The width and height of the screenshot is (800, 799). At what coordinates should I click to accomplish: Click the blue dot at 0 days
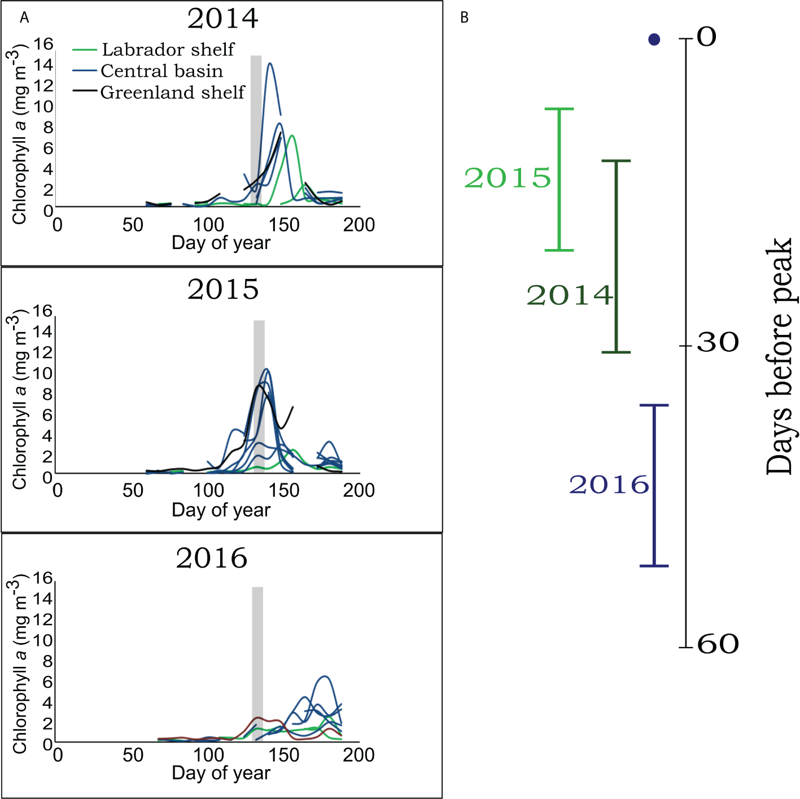[654, 40]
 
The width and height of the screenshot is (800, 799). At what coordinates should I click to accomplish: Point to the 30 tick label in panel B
[717, 342]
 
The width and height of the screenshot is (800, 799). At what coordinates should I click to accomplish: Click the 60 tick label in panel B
[718, 644]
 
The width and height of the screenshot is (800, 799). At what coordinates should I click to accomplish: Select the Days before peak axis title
[780, 356]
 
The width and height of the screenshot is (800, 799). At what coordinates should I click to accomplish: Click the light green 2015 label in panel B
[507, 178]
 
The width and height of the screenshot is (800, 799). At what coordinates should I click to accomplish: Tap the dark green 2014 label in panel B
[569, 295]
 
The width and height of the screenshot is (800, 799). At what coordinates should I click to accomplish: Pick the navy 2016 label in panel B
[609, 485]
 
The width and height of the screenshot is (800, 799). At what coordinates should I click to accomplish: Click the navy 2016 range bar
[654, 486]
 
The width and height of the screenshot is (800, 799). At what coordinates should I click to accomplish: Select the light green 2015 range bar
[559, 180]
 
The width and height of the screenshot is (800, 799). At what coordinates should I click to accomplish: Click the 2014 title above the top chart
[222, 19]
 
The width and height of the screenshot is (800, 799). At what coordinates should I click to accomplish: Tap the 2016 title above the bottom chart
[211, 558]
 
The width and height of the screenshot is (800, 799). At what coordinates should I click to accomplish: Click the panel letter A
[24, 18]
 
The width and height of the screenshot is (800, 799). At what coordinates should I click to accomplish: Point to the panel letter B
[464, 18]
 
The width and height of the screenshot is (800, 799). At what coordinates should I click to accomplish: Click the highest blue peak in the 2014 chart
[270, 63]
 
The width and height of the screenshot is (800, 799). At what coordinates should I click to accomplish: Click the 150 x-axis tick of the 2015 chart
[283, 490]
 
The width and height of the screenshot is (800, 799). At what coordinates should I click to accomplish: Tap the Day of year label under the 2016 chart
[221, 772]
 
